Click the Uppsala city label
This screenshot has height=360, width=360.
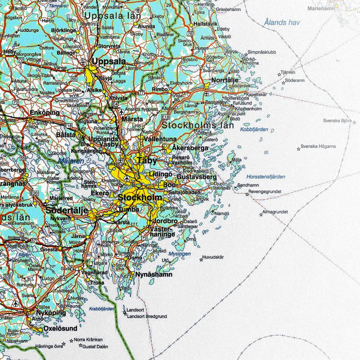109,61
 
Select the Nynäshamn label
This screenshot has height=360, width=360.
154,274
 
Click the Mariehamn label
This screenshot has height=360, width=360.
321,8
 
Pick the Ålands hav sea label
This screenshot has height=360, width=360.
281,22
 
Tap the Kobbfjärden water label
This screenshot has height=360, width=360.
254,129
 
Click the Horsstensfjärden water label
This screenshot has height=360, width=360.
266,177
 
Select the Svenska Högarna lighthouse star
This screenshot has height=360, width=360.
298,148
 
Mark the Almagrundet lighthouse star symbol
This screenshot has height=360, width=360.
261,215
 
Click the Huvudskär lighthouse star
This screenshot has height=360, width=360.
201,259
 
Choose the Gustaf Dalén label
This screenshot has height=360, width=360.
95,346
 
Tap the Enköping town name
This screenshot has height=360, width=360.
44,113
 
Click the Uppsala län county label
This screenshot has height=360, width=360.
113,16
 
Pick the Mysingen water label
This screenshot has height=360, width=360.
180,254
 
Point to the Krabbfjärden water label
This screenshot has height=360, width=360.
102,309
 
